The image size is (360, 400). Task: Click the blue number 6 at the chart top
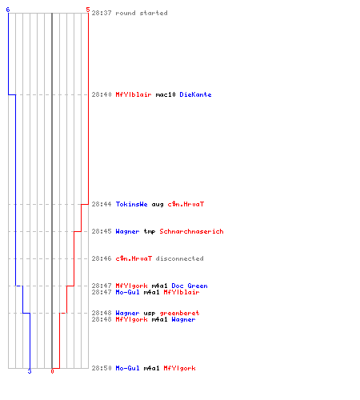(8, 10)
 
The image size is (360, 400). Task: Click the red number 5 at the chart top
(88, 10)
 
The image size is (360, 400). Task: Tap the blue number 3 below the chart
(30, 371)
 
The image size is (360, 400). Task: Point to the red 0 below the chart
(52, 371)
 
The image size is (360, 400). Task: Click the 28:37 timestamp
(102, 13)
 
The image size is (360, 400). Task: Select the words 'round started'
(142, 13)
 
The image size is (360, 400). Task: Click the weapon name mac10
(166, 94)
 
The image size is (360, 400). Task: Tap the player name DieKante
(195, 94)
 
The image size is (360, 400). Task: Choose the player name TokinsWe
(131, 204)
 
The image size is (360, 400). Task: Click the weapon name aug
(158, 205)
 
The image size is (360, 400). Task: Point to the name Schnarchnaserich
(191, 231)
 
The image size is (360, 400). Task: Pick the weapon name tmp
(150, 232)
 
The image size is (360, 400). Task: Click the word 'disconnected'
(179, 258)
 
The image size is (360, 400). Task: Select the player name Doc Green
(190, 286)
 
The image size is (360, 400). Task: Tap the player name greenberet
(179, 313)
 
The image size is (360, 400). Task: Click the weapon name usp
(150, 314)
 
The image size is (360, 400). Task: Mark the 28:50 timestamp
(102, 368)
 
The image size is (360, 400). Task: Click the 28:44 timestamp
(102, 204)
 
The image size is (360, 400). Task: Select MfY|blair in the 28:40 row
(134, 94)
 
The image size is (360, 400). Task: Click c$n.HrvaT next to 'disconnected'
(134, 258)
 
